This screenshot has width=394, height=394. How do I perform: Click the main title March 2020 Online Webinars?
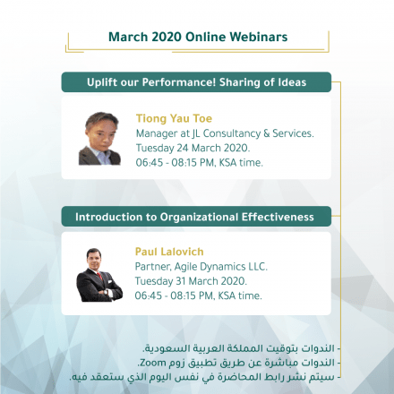(198, 37)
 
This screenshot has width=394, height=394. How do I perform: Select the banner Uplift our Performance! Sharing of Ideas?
(196, 82)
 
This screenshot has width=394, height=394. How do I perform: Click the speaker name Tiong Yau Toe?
(174, 118)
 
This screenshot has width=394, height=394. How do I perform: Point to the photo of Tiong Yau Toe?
(99, 139)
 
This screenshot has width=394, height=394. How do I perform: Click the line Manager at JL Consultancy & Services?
(225, 133)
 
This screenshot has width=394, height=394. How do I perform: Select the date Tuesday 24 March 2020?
(193, 148)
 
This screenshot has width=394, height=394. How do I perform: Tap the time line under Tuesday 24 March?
(200, 163)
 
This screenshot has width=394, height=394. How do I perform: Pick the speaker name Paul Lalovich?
(169, 252)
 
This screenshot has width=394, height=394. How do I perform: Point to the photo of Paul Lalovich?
(99, 275)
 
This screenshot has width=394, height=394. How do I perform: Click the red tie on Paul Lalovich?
(99, 276)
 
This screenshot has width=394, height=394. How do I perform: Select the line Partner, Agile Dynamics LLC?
(201, 266)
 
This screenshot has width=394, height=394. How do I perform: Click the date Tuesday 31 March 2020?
(191, 281)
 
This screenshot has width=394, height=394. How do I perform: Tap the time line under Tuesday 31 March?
(199, 295)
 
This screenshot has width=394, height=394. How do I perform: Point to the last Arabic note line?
(205, 377)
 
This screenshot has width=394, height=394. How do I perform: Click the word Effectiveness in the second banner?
(278, 217)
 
